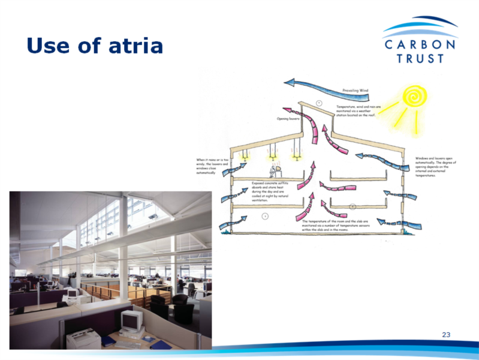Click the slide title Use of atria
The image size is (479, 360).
tap(95, 45)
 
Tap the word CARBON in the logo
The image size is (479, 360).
tap(420, 46)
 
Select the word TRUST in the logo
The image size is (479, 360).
tap(420, 59)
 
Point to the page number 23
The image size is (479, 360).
tap(445, 334)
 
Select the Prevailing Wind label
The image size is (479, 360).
tap(355, 91)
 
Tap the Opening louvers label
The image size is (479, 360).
tap(288, 119)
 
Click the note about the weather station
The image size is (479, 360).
tap(361, 110)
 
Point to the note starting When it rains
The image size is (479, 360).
tap(210, 166)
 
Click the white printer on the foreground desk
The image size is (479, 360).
tap(84, 340)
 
